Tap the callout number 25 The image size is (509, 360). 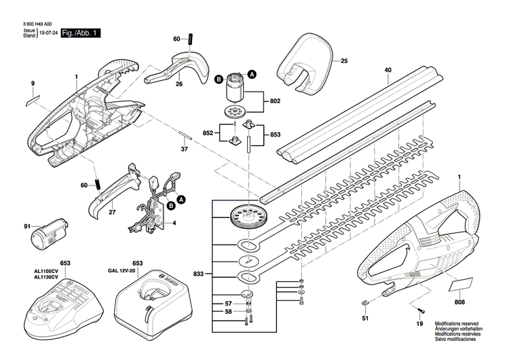coord(343,62)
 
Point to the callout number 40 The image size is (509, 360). coord(388,69)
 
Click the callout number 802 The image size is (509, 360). coord(275,101)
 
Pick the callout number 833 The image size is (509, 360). coord(198,274)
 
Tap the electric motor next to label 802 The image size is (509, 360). coord(237,86)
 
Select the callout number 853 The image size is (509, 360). coord(275,135)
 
